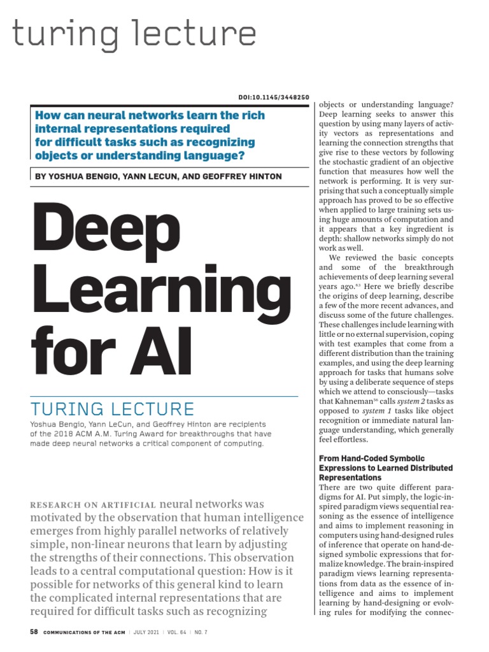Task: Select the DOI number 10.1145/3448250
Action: pyautogui.click(x=283, y=97)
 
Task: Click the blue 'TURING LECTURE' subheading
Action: pyautogui.click(x=112, y=408)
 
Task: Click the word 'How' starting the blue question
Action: pyautogui.click(x=46, y=116)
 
